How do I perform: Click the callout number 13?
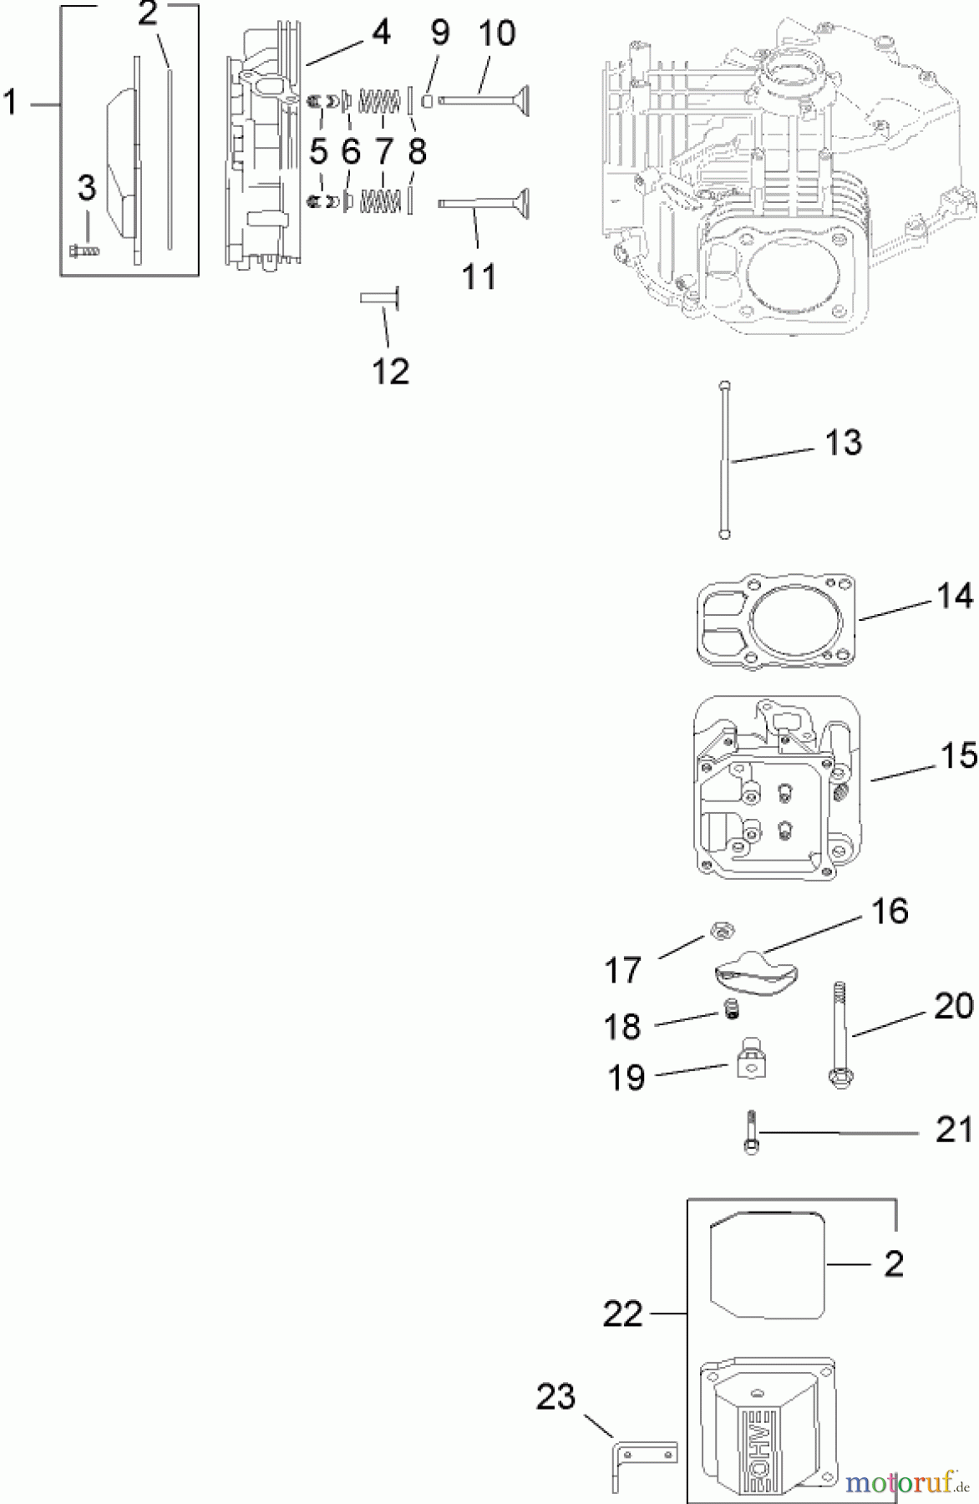843,443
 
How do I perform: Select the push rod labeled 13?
724,460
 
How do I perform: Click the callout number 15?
958,756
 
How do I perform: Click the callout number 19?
626,1078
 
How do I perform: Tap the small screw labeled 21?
750,1133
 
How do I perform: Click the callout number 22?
623,1314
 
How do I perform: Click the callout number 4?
380,33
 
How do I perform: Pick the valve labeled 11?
483,203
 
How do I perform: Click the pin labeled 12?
380,298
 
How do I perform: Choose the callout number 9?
439,33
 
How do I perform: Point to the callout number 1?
11,104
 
